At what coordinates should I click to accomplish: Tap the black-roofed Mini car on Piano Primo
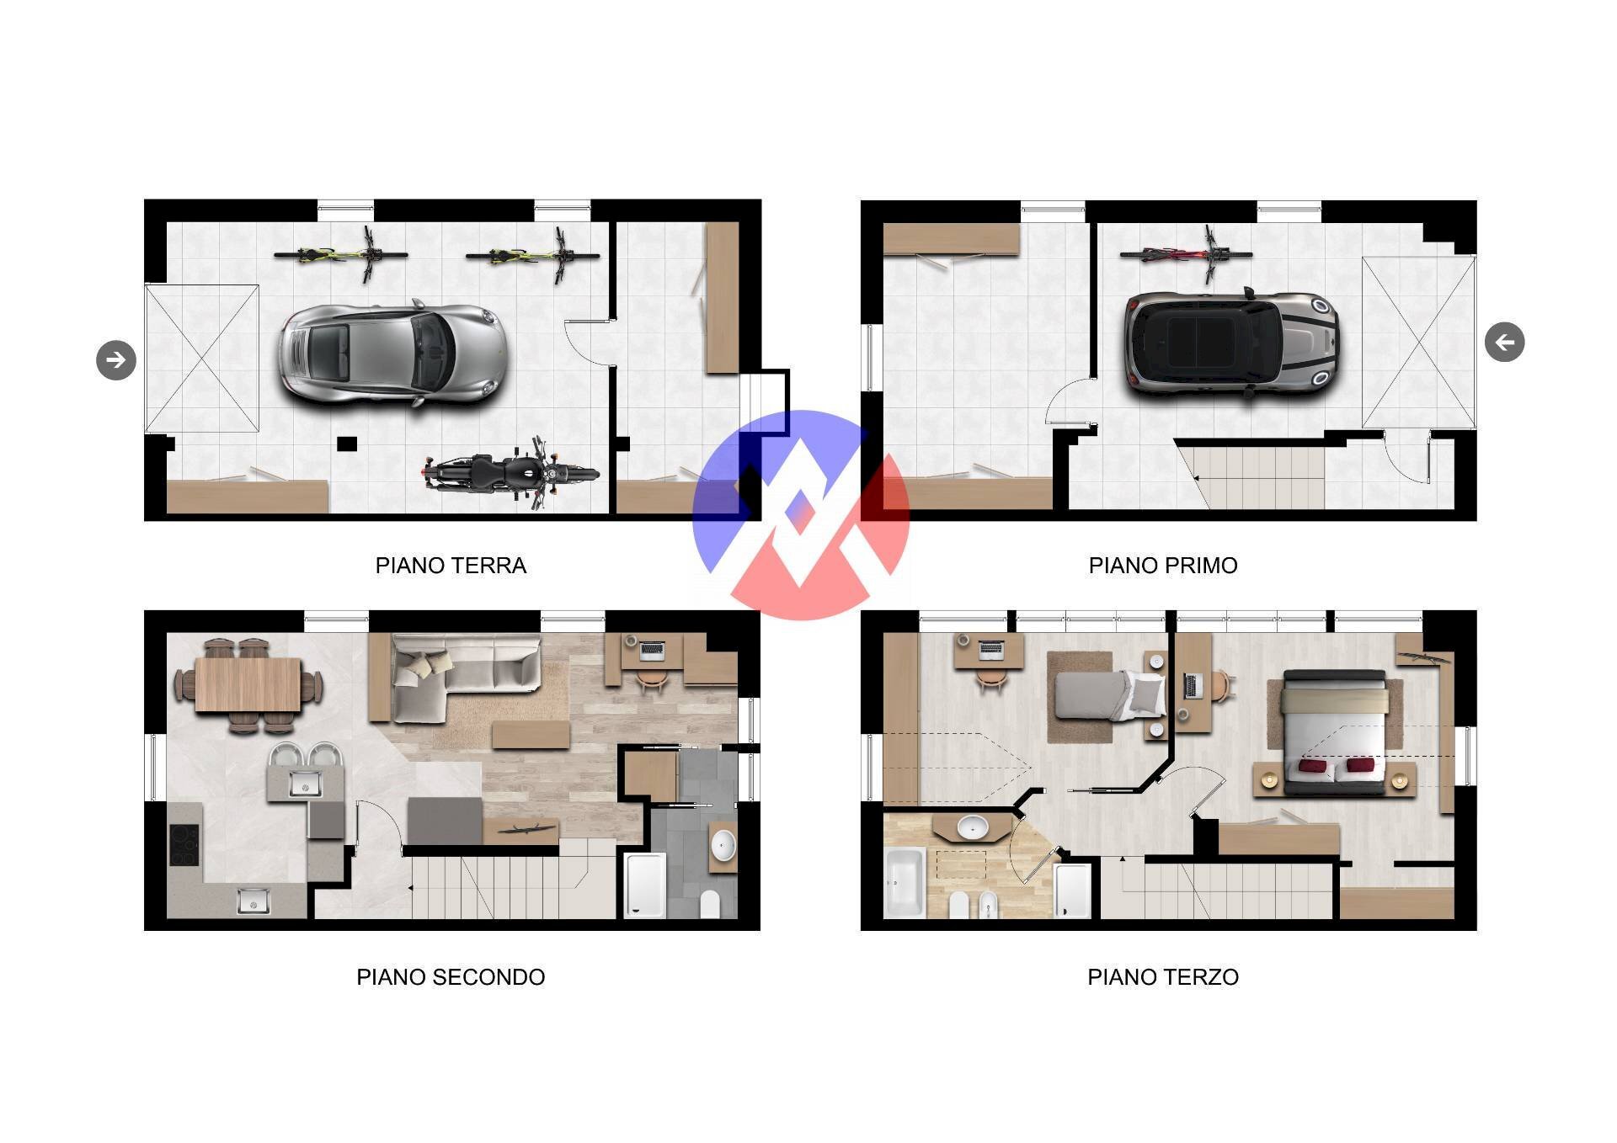(1230, 342)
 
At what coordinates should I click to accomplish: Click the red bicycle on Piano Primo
(1185, 253)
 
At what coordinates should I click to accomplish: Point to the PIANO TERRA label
(451, 566)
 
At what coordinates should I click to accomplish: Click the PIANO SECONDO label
(451, 977)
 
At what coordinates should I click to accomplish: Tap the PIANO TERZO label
(1163, 977)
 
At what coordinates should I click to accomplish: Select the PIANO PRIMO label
(1163, 566)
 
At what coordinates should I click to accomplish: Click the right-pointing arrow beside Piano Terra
(116, 359)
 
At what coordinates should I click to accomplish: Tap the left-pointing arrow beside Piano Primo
(1504, 342)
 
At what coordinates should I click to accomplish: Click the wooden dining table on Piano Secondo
(248, 685)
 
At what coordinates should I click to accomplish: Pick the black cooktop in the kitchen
(184, 844)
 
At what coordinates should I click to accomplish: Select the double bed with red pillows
(1334, 732)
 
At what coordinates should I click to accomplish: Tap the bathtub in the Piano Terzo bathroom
(905, 883)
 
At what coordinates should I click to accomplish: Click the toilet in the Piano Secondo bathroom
(711, 904)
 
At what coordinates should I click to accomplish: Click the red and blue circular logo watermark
(801, 515)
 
